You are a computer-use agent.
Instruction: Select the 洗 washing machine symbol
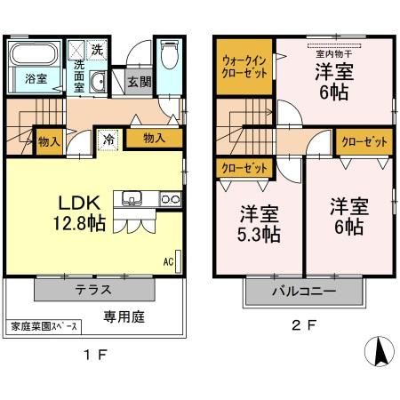pos(96,48)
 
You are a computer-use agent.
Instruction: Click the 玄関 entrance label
pos(139,82)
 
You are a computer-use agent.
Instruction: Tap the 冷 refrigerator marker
pos(108,139)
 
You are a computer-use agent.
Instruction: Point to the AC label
pos(168,261)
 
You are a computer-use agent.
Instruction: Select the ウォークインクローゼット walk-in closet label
pos(242,67)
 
